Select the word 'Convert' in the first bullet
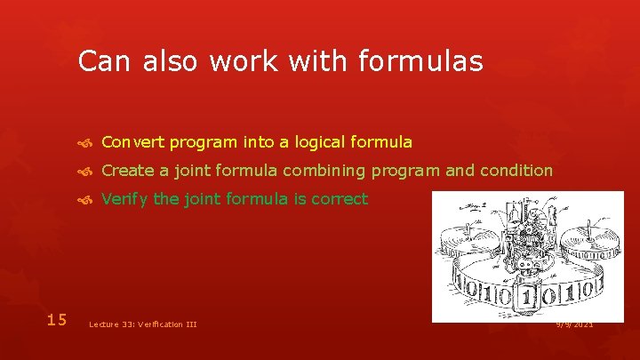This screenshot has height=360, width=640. pyautogui.click(x=132, y=142)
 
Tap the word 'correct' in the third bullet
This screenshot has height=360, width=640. pyautogui.click(x=336, y=199)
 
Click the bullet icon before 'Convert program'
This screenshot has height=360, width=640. pyautogui.click(x=86, y=143)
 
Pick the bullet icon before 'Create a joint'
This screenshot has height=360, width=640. pyautogui.click(x=86, y=172)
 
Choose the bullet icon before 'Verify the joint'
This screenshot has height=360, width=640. pyautogui.click(x=86, y=200)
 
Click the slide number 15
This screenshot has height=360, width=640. pyautogui.click(x=57, y=319)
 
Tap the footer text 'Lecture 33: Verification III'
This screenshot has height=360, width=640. pyautogui.click(x=143, y=324)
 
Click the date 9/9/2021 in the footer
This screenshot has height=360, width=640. pyautogui.click(x=574, y=324)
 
